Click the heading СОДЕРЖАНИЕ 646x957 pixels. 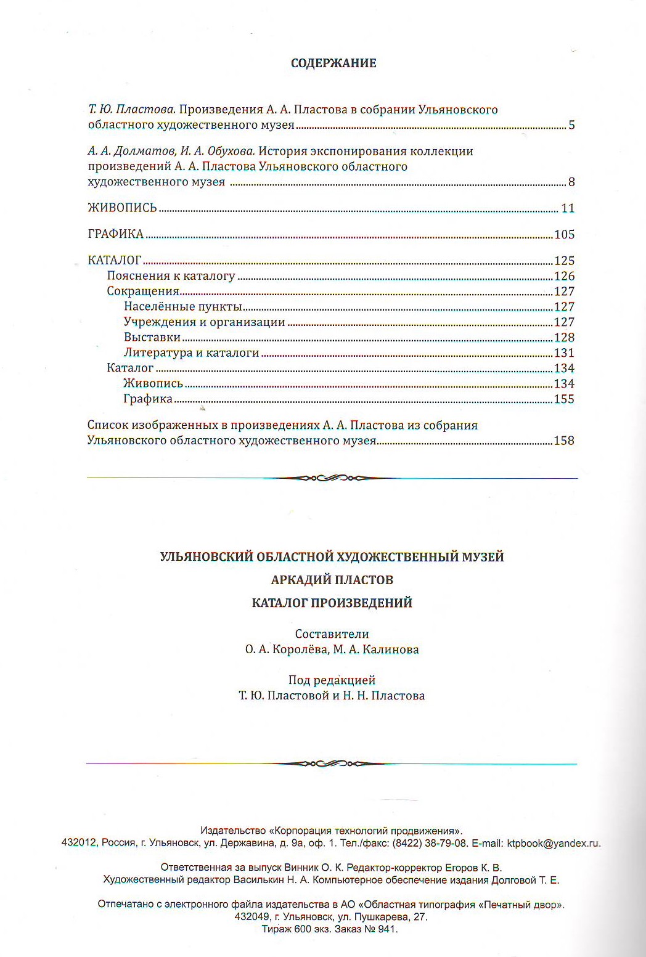(333, 63)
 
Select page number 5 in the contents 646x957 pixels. (571, 125)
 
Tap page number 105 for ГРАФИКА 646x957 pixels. (564, 234)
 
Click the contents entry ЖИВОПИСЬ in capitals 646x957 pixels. (122, 208)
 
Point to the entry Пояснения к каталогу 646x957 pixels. (171, 276)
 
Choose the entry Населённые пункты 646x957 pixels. (182, 306)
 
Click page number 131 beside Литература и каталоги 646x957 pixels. (564, 352)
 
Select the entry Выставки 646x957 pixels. (152, 337)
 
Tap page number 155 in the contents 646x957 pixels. (564, 399)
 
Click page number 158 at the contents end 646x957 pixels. (564, 441)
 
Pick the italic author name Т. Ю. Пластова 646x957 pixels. (132, 110)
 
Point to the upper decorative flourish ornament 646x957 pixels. (332, 478)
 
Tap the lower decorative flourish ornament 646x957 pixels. (332, 764)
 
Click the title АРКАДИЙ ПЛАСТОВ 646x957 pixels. (332, 580)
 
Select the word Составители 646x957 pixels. (332, 634)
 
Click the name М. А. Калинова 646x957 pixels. (376, 650)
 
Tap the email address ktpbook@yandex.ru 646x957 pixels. (553, 843)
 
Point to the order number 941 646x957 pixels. (386, 929)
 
